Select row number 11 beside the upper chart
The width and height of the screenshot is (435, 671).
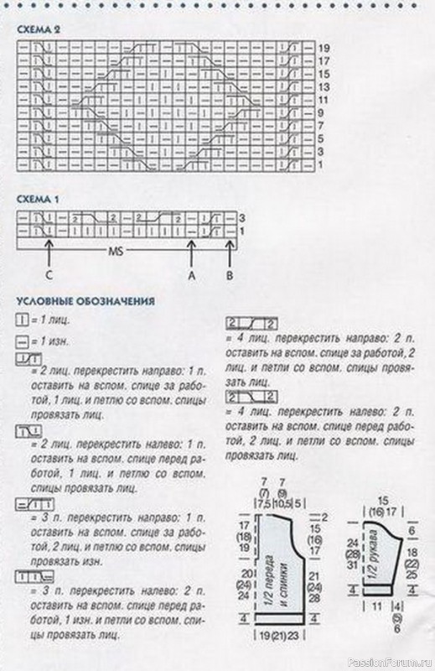[x=323, y=98]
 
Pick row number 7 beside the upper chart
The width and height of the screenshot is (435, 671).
[x=322, y=124]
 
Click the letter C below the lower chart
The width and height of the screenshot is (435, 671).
[x=50, y=273]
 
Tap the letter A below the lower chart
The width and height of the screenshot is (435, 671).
[x=192, y=273]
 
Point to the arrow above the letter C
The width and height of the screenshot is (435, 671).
[x=50, y=250]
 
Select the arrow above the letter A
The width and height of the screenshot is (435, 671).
[x=192, y=250]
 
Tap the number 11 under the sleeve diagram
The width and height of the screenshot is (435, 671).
[x=376, y=605]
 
